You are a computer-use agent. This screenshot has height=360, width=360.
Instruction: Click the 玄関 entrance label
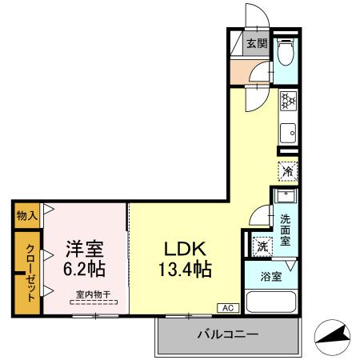pos(255,44)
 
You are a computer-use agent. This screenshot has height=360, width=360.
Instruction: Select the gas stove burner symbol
pos(288,101)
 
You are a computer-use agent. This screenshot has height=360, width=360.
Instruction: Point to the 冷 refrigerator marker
pos(288,170)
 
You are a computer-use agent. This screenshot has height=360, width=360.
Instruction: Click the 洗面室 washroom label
pos(286,229)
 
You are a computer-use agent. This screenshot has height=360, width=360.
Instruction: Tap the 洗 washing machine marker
pos(262,246)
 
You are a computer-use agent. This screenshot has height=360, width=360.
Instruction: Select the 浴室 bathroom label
pos(270,277)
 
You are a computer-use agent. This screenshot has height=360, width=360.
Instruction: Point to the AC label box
pos(226,307)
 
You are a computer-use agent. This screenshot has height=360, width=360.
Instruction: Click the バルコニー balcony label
pos(227,334)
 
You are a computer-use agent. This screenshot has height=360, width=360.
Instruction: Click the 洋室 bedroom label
pos(85,248)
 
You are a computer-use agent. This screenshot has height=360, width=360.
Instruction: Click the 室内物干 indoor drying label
pos(94,294)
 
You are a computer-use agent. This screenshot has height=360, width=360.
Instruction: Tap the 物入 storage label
pos(27,214)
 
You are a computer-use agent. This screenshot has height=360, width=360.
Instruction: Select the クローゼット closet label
pos(28,272)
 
